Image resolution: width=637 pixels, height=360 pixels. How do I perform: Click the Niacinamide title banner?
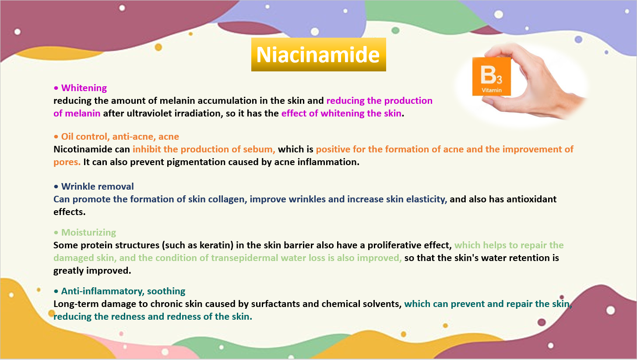(x=319, y=54)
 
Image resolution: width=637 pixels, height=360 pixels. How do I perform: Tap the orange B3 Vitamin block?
(x=491, y=76)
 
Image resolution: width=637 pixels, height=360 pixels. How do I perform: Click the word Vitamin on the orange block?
(x=491, y=90)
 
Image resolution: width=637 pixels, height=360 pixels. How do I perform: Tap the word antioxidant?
(x=531, y=199)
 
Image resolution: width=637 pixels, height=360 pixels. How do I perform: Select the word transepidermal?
(x=245, y=258)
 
